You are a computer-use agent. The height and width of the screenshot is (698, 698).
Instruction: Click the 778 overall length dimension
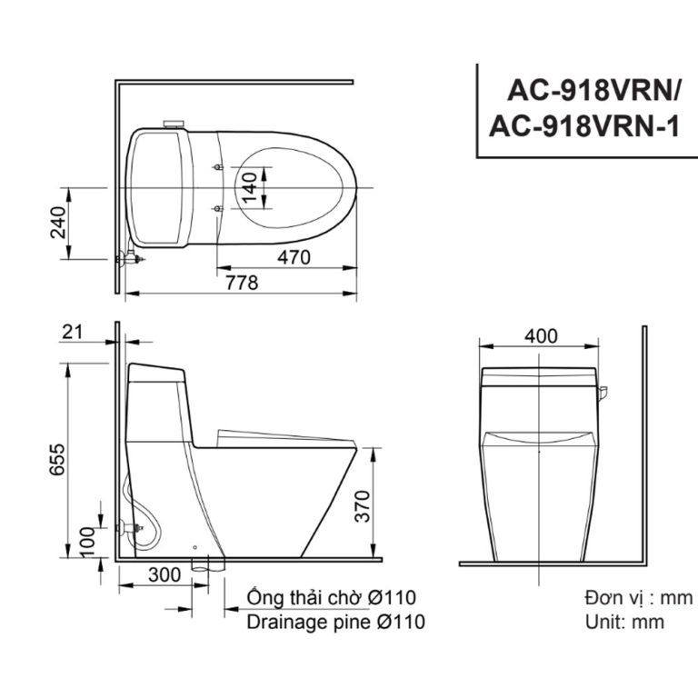(x=242, y=283)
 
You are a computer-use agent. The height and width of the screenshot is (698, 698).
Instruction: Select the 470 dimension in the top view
(x=294, y=257)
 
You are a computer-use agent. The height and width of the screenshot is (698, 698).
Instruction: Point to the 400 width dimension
(x=541, y=335)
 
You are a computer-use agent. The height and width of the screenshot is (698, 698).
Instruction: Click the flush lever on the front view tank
(x=603, y=392)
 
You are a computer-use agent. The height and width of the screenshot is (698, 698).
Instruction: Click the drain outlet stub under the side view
(x=204, y=564)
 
